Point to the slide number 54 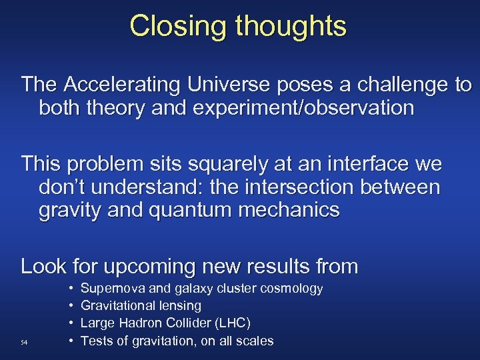24,343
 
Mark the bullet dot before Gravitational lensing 70,306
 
